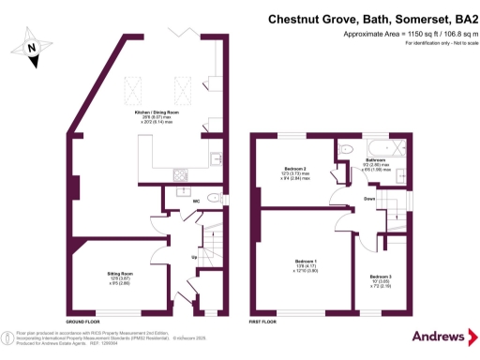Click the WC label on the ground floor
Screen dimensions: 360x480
click(196, 201)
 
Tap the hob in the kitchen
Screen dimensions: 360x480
click(180, 173)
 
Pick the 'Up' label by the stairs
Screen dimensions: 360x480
click(194, 256)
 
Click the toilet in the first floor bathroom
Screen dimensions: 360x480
click(346, 149)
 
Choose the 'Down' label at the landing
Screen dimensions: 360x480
click(369, 200)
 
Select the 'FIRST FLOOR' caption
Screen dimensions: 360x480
click(262, 321)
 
